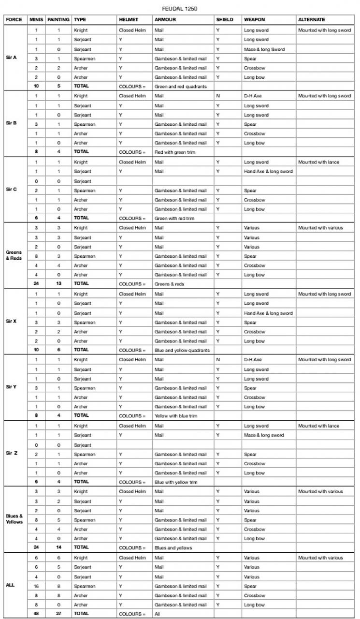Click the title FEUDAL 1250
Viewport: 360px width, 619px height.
click(x=180, y=9)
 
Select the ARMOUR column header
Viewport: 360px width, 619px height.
click(x=165, y=20)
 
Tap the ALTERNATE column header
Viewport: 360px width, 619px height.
click(x=312, y=20)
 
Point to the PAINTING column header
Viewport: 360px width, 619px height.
click(x=58, y=20)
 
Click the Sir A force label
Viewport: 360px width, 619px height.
click(x=11, y=58)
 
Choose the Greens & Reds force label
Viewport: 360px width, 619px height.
click(x=14, y=255)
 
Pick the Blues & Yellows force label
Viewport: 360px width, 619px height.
click(x=14, y=519)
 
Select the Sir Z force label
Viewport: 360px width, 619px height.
click(x=12, y=453)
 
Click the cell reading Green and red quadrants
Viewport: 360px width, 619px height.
click(x=174, y=87)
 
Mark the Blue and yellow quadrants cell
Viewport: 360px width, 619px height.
click(x=175, y=350)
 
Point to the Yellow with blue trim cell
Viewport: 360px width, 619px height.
click(x=173, y=416)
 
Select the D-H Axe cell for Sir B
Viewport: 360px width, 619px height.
click(x=253, y=96)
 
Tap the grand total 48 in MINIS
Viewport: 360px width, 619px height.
click(x=36, y=614)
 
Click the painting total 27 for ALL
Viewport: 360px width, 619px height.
click(x=58, y=614)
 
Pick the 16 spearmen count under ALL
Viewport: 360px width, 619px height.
click(x=36, y=586)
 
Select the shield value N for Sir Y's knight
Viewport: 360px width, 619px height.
click(x=218, y=360)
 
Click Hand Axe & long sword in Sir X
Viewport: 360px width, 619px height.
click(x=268, y=313)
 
